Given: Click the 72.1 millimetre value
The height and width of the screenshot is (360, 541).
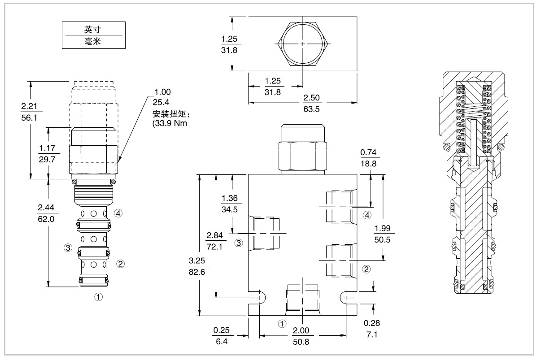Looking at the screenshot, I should (214, 246).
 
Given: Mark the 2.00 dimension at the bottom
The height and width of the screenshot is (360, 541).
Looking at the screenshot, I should (301, 330).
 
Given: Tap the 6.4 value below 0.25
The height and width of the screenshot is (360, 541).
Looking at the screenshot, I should (222, 341).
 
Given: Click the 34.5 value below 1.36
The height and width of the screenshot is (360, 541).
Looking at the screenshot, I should (231, 209).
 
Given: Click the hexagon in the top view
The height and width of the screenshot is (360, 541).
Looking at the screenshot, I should (303, 43).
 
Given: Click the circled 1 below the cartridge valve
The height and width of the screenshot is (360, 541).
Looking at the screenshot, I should (99, 296).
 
